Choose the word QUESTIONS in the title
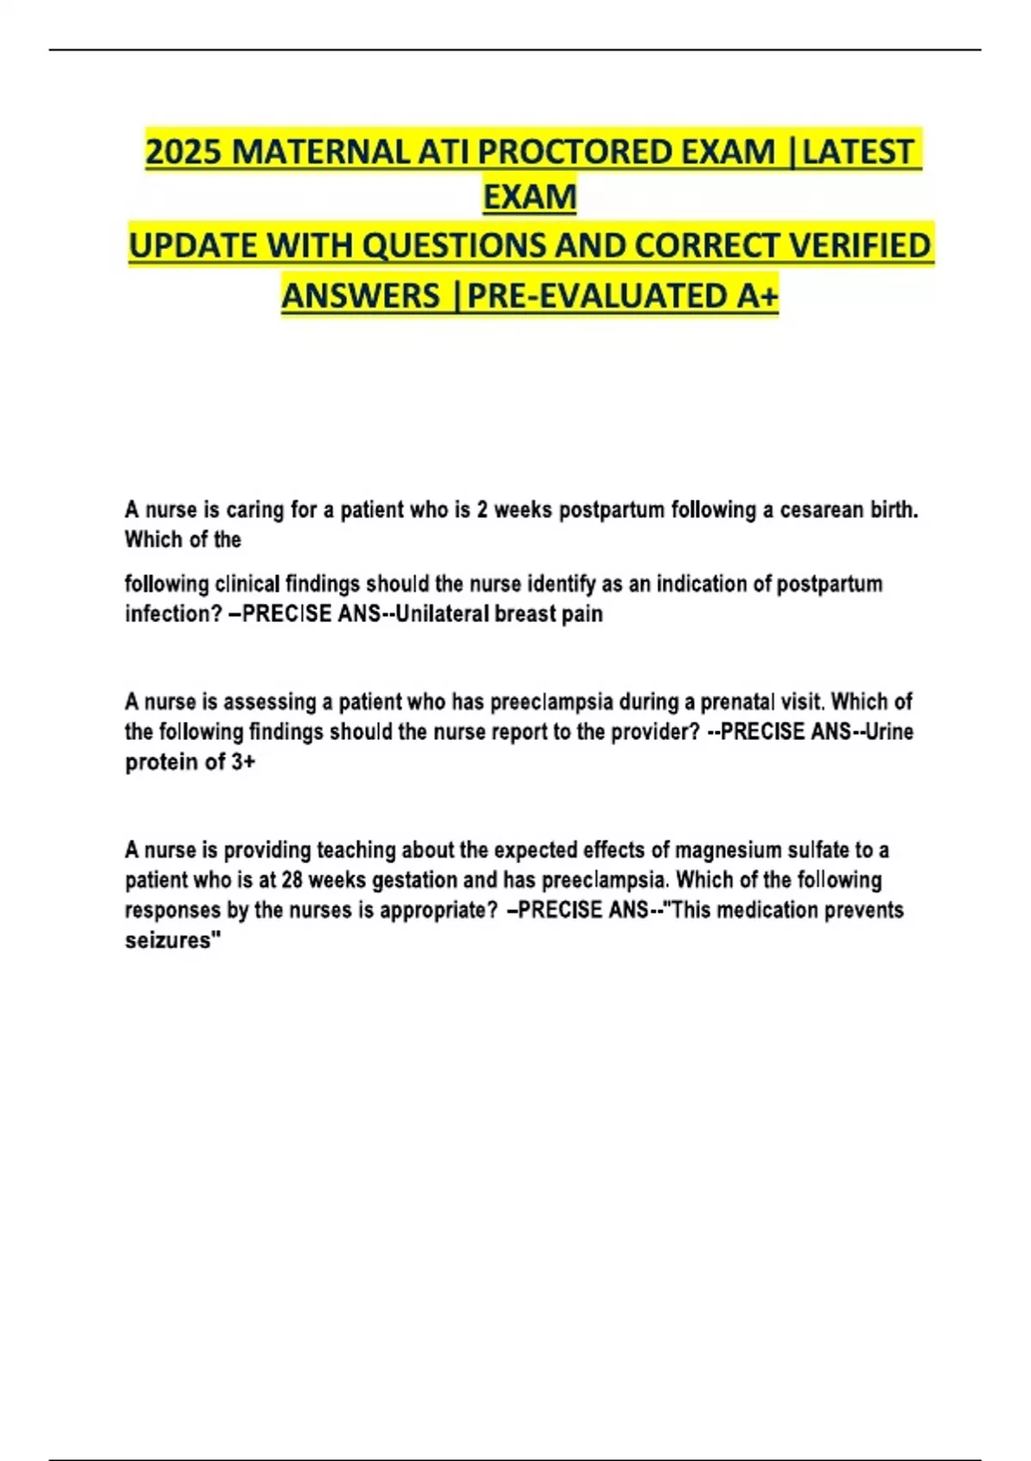(x=454, y=247)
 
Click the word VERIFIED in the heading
(x=859, y=247)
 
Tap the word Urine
(x=889, y=732)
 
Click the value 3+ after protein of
(x=243, y=762)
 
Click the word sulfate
(x=816, y=851)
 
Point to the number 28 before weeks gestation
(x=292, y=881)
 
